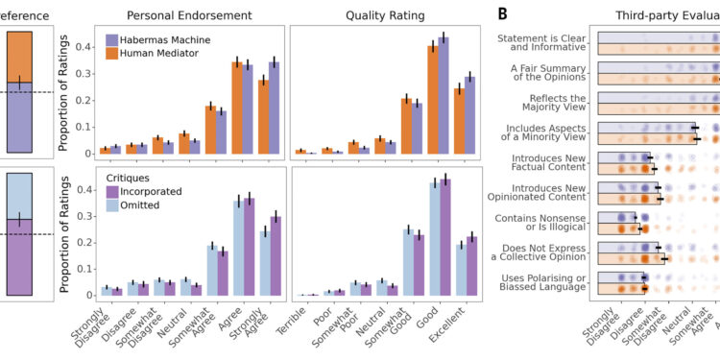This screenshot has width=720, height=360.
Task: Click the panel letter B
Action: [505, 12]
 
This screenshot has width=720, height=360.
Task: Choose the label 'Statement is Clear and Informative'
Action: [544, 43]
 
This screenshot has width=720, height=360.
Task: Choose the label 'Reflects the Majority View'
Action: [553, 104]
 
